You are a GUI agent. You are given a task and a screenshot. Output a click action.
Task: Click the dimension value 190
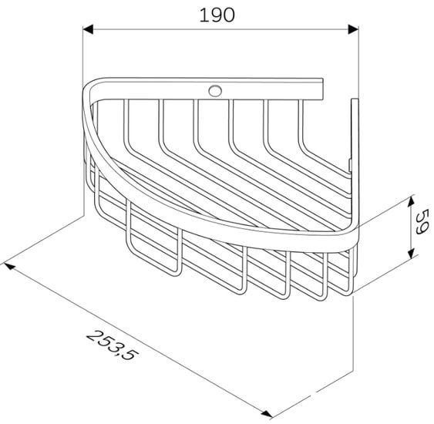[217, 15]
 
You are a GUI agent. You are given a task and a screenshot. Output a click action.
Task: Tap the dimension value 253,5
[112, 345]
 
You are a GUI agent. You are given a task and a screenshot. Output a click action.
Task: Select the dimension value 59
[422, 222]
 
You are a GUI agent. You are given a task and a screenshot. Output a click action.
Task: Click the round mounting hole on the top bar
[215, 91]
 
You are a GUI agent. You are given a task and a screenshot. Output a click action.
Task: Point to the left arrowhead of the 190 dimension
[88, 29]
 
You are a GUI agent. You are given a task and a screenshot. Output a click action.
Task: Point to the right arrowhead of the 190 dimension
[354, 29]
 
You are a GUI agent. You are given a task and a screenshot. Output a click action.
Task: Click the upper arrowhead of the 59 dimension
[412, 201]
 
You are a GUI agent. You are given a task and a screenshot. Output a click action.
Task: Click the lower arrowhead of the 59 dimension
[412, 253]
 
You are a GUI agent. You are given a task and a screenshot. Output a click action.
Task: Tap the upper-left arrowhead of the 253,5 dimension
[9, 266]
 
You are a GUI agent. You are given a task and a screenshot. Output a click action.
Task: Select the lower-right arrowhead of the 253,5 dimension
[267, 414]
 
